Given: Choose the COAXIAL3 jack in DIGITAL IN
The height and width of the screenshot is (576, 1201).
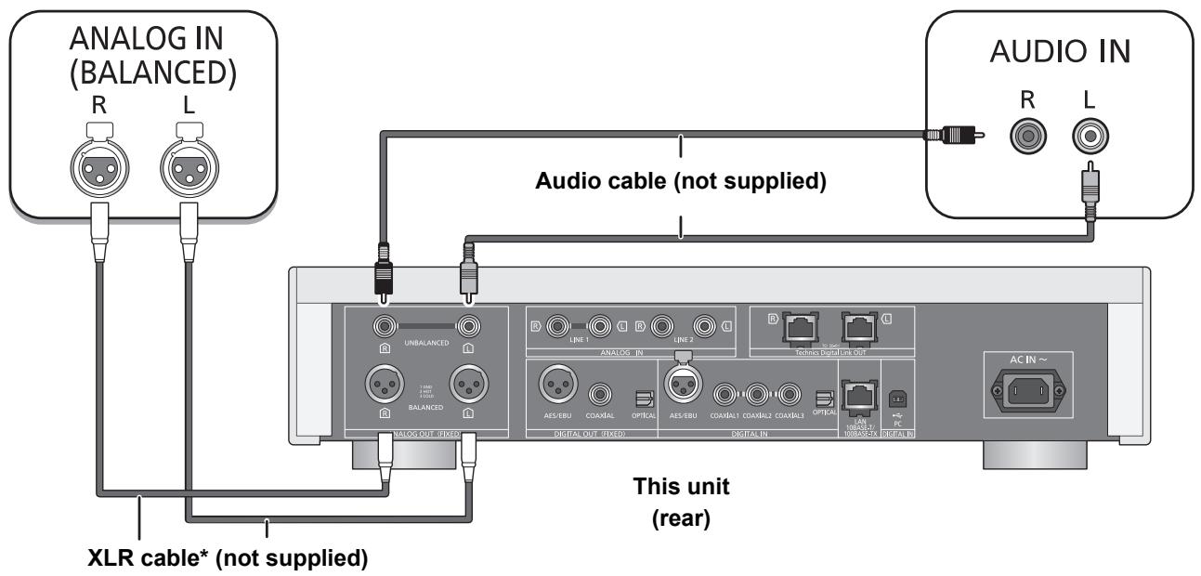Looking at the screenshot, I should click(x=790, y=395).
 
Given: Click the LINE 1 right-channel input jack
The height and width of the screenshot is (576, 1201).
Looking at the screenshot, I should click(x=558, y=326).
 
